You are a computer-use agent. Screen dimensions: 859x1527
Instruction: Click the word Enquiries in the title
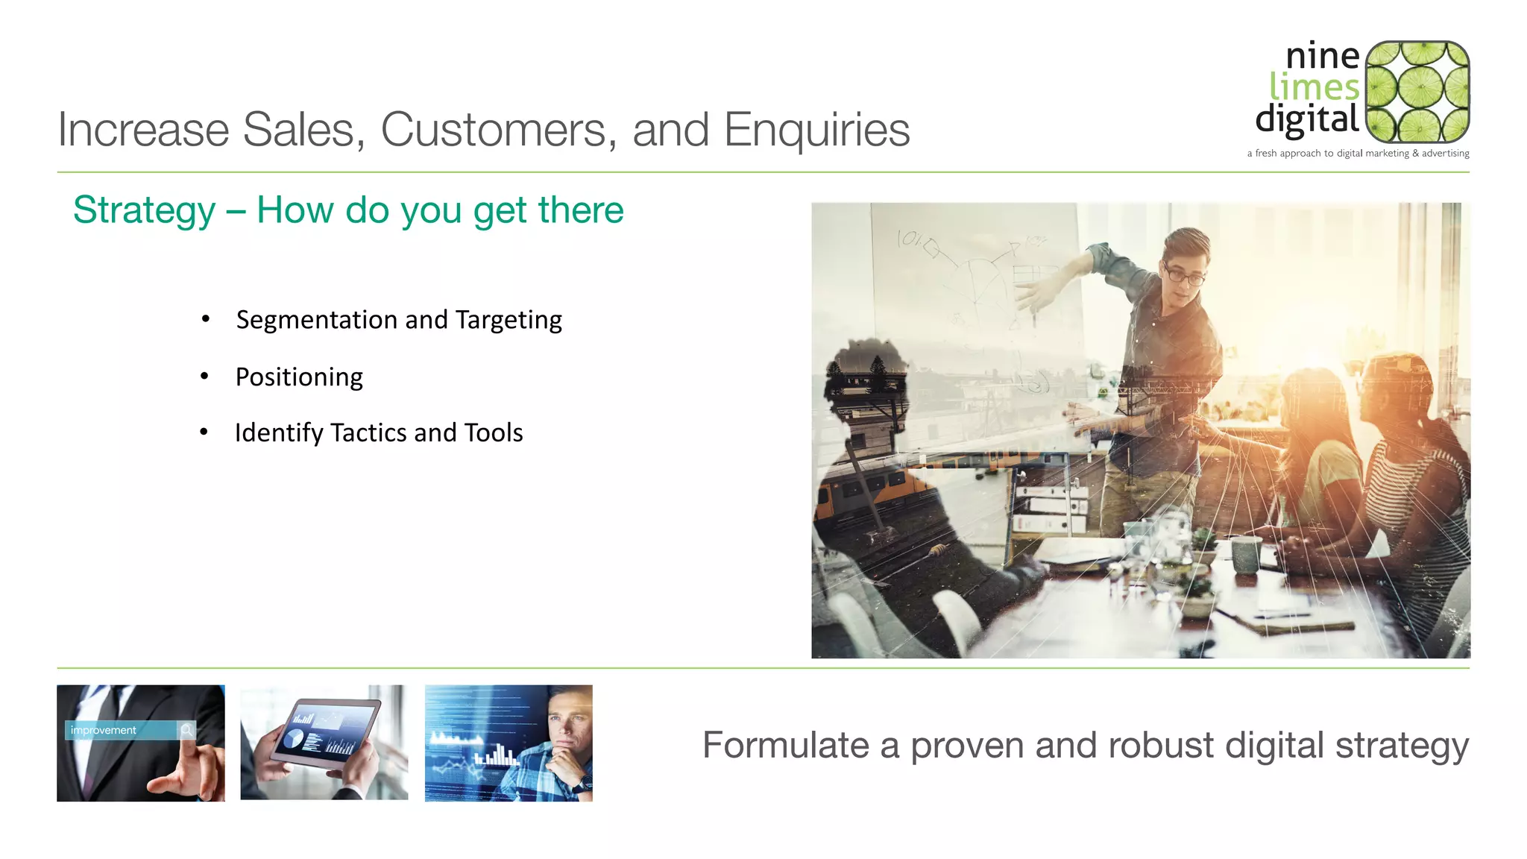(816, 130)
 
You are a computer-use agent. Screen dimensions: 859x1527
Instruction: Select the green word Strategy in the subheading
(145, 210)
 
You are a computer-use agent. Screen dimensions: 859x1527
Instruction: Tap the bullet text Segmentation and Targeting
(399, 320)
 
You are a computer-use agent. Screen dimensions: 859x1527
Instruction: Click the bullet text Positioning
(299, 377)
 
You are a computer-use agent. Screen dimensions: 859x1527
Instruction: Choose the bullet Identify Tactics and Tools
(379, 433)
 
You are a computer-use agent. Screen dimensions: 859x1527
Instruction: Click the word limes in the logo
(1314, 88)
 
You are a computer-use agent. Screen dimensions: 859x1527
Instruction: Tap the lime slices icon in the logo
(1418, 92)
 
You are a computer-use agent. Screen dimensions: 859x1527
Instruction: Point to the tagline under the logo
(1358, 154)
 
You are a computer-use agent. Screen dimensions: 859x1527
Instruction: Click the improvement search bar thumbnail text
(104, 731)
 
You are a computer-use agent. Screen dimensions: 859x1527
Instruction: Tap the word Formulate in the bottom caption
(785, 746)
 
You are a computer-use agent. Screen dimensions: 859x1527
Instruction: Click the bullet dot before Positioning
(204, 377)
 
